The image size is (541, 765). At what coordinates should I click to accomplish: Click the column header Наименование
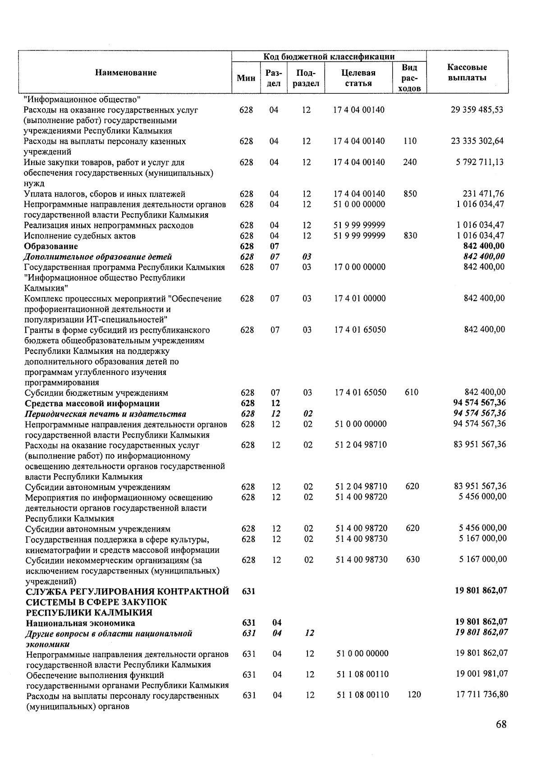[126, 73]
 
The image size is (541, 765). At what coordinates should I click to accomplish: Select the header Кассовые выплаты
[467, 73]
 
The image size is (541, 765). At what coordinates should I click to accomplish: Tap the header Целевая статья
[358, 78]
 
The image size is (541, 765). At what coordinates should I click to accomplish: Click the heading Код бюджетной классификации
[329, 56]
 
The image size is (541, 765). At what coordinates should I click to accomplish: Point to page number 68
[501, 724]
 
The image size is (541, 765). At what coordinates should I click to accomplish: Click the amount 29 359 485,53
[477, 110]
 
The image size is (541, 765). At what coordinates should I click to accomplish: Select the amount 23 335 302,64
[477, 141]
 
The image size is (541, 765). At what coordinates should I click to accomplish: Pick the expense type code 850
[410, 194]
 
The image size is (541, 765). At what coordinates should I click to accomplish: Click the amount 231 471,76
[483, 194]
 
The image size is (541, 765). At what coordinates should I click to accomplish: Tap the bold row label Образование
[51, 246]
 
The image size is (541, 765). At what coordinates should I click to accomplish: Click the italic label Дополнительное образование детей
[98, 257]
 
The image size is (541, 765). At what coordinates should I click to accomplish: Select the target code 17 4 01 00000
[360, 298]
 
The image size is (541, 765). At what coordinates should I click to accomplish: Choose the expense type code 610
[411, 392]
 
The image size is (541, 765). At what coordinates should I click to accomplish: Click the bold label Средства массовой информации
[92, 403]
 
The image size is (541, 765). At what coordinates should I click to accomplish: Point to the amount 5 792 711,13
[480, 162]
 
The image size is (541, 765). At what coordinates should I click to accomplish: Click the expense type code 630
[413, 559]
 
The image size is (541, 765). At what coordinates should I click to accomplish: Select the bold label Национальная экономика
[80, 623]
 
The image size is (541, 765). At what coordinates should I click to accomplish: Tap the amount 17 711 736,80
[481, 695]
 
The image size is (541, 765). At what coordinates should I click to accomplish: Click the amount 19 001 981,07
[481, 674]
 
